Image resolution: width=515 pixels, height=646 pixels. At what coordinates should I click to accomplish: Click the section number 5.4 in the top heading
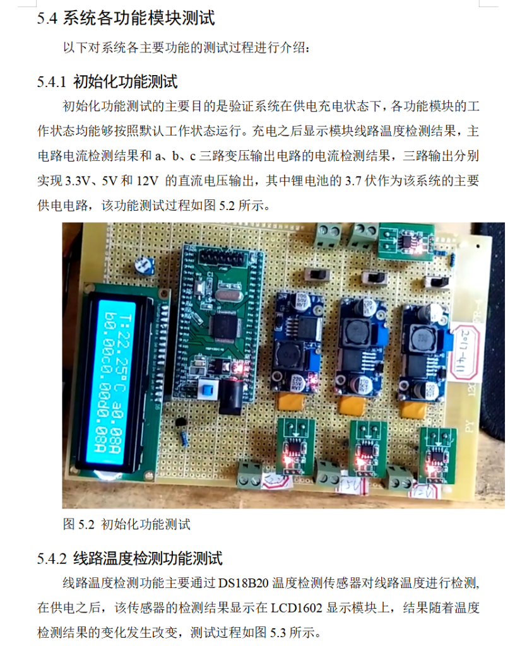pyautogui.click(x=47, y=19)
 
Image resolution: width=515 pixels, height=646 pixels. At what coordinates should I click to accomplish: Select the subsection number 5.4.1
pyautogui.click(x=51, y=81)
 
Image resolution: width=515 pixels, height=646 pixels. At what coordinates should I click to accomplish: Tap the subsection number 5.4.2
pyautogui.click(x=51, y=558)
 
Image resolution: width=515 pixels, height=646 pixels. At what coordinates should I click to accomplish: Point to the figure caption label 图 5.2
pyautogui.click(x=78, y=524)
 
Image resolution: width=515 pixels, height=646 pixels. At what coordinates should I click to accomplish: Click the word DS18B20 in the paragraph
pyautogui.click(x=244, y=582)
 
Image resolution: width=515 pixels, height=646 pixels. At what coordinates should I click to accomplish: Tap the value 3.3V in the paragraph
pyautogui.click(x=79, y=181)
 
